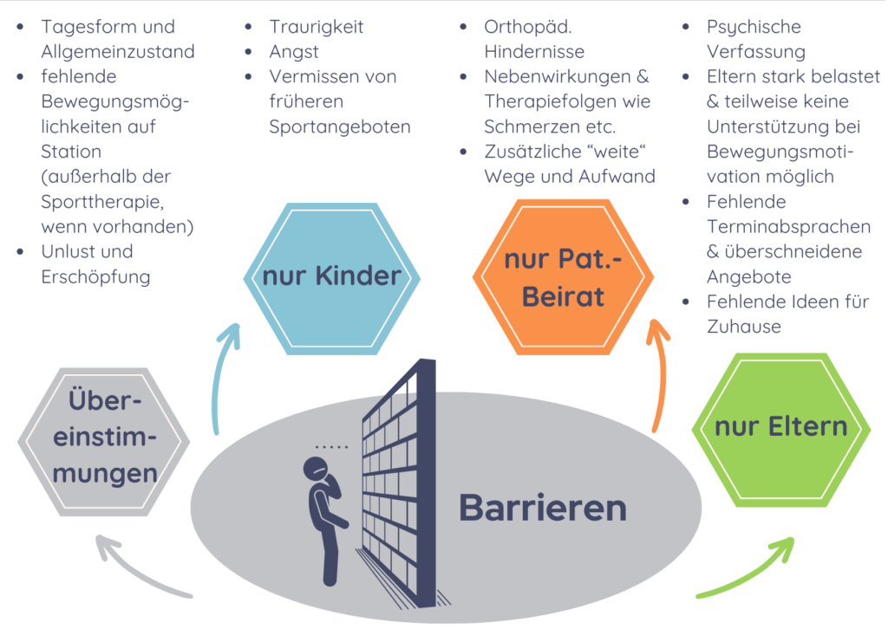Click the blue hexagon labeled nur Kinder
tap(332, 278)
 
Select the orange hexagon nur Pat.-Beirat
tap(563, 277)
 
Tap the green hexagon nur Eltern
tap(781, 430)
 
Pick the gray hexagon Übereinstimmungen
tap(104, 442)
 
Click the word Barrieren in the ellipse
tap(543, 508)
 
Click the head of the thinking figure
tap(316, 469)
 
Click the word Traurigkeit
tap(316, 27)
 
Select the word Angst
tap(293, 52)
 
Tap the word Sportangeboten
tap(340, 126)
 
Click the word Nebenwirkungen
tap(558, 76)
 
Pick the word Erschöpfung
tap(95, 276)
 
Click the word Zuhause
tap(743, 327)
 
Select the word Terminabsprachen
tap(788, 227)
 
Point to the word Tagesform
tap(87, 27)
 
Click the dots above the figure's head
tap(331, 447)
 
